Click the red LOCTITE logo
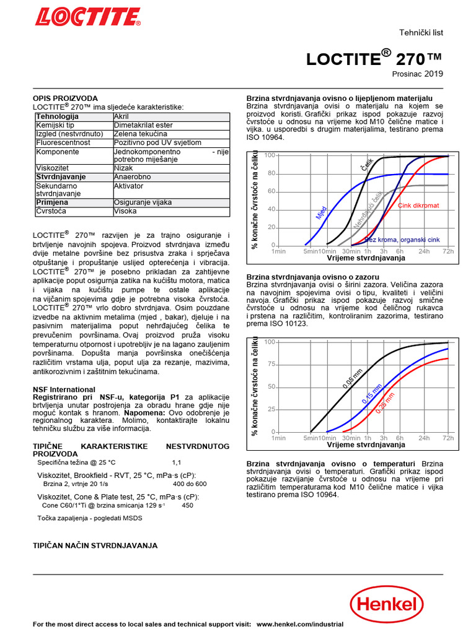[87, 17]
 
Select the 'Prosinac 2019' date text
[418, 74]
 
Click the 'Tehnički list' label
[422, 33]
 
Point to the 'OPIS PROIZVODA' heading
[65, 98]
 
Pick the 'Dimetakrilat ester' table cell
[143, 125]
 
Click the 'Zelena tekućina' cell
[141, 134]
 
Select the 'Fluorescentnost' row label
[63, 142]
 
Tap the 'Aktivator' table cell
[130, 186]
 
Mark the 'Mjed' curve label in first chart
[321, 214]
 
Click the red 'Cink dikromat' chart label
[418, 205]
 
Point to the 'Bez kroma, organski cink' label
[402, 240]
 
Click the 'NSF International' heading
[64, 389]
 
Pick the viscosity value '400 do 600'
[190, 484]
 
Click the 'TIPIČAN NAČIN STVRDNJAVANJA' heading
[95, 545]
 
